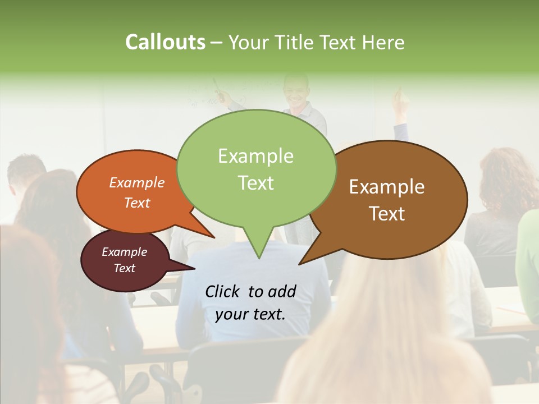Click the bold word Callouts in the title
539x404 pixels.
click(x=165, y=42)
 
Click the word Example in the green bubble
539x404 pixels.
click(x=255, y=156)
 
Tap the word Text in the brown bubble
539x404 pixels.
click(x=387, y=214)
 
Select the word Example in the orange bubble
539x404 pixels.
click(x=136, y=182)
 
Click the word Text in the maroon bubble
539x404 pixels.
click(x=124, y=268)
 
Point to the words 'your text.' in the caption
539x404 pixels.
click(x=250, y=314)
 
